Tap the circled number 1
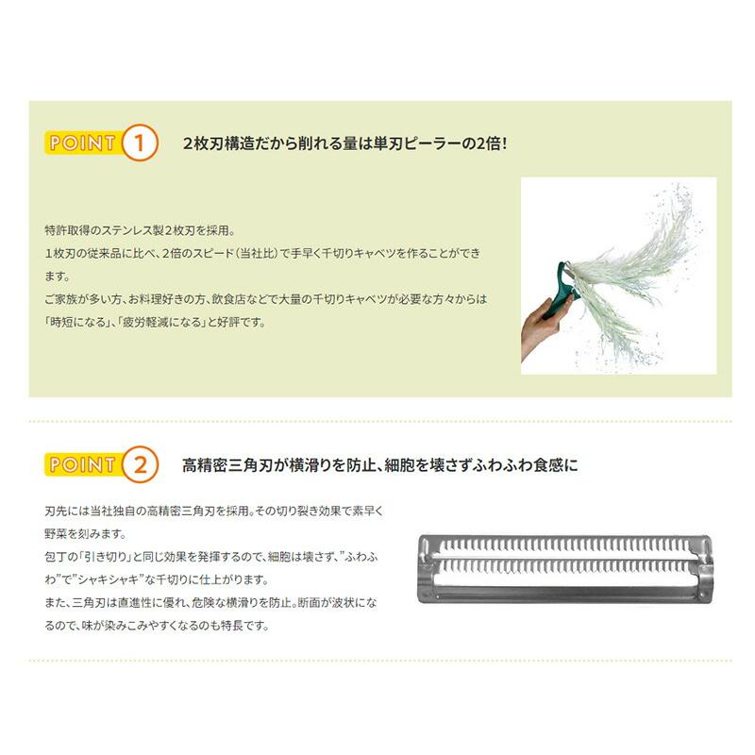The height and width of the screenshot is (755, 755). [x=139, y=144]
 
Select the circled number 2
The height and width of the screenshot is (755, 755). [x=139, y=465]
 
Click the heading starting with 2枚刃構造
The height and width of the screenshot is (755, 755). [x=345, y=144]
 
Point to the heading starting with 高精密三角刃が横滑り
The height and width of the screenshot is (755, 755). [x=379, y=465]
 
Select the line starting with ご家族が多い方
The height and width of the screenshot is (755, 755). [x=265, y=299]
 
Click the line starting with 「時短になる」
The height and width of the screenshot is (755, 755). [x=156, y=322]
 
